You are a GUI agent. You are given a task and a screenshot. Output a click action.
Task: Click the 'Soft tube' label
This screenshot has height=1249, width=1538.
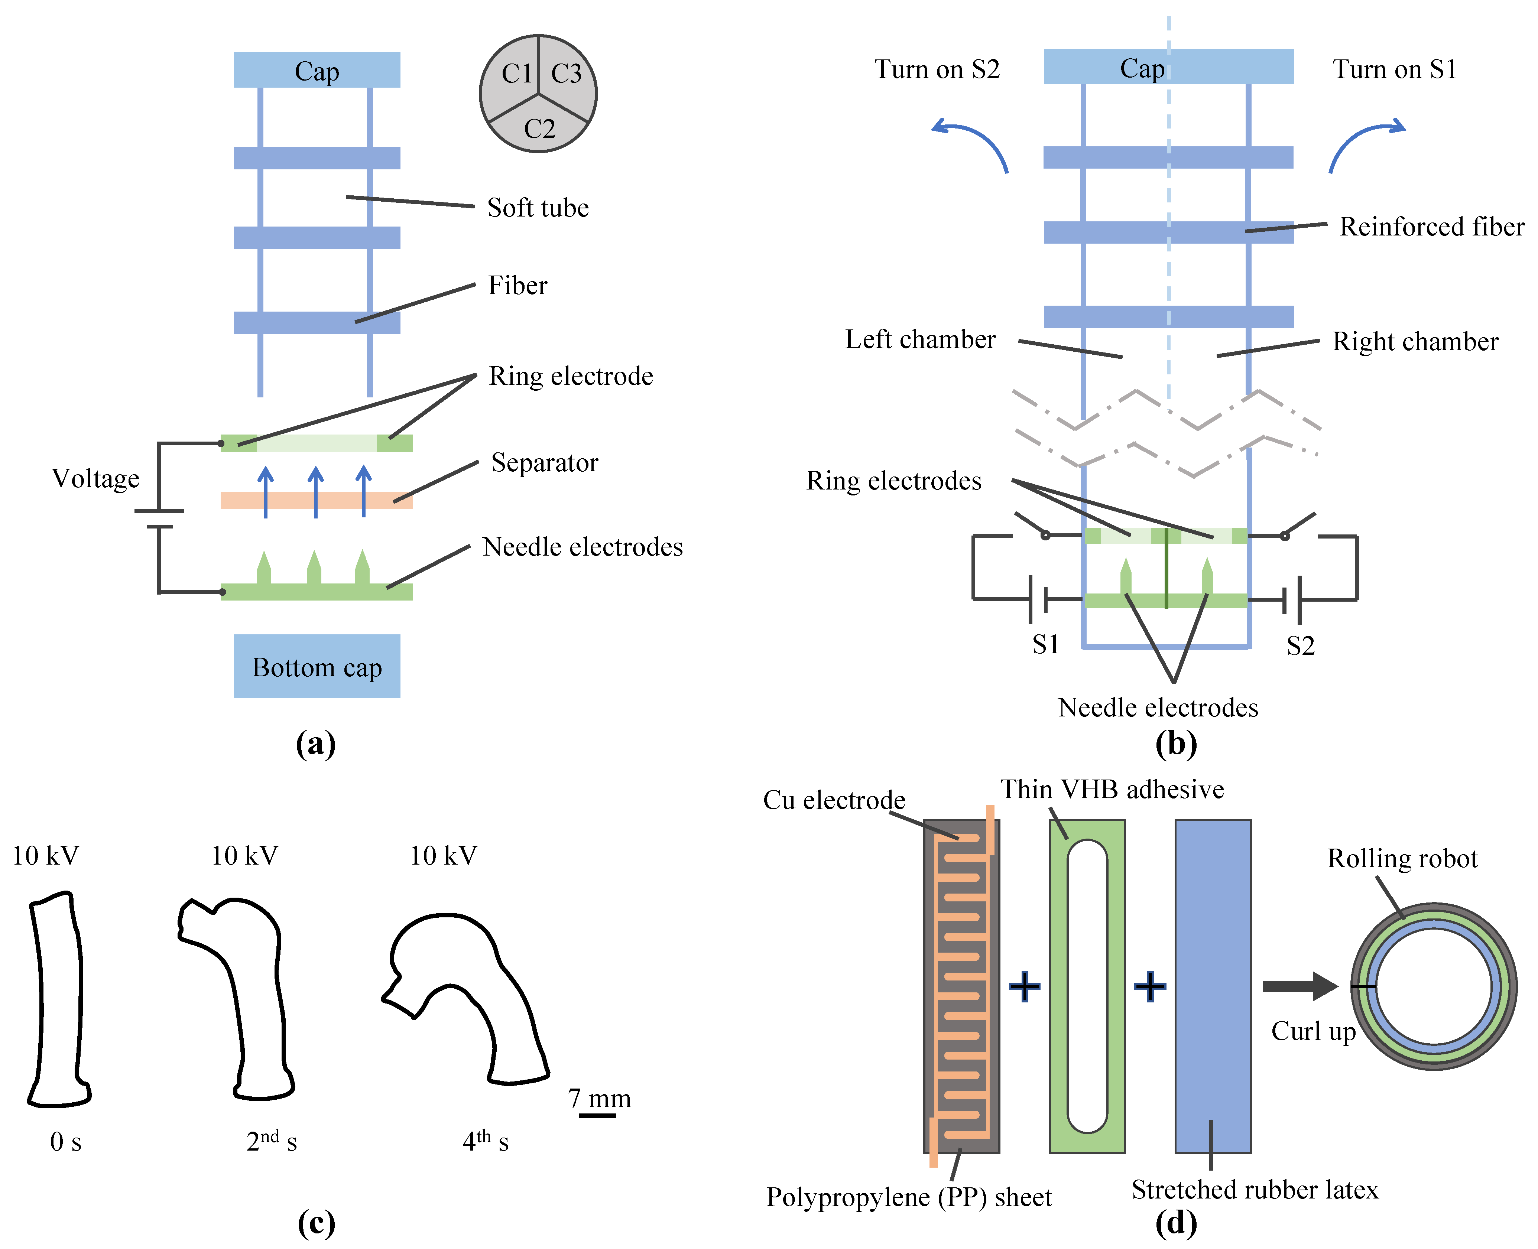tap(538, 208)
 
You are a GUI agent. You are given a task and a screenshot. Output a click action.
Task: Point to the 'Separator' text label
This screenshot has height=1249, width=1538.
tap(544, 463)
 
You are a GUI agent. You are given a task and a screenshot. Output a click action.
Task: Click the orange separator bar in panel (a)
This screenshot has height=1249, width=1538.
tap(317, 500)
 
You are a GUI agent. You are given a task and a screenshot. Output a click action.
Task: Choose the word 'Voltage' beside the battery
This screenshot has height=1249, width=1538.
tap(96, 478)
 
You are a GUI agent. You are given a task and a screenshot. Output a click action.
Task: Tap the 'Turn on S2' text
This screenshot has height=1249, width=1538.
tap(937, 69)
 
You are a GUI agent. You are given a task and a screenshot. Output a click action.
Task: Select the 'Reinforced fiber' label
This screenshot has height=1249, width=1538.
tap(1431, 227)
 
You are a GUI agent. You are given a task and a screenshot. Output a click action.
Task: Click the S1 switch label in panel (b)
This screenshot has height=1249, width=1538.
tap(1046, 645)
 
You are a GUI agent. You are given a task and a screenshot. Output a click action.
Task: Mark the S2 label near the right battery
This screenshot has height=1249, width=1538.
tap(1301, 646)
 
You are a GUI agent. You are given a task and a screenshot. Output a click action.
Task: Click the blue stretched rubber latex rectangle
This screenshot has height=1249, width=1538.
tap(1213, 986)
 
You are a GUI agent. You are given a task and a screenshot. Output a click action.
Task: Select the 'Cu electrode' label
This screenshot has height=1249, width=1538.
tap(834, 800)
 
